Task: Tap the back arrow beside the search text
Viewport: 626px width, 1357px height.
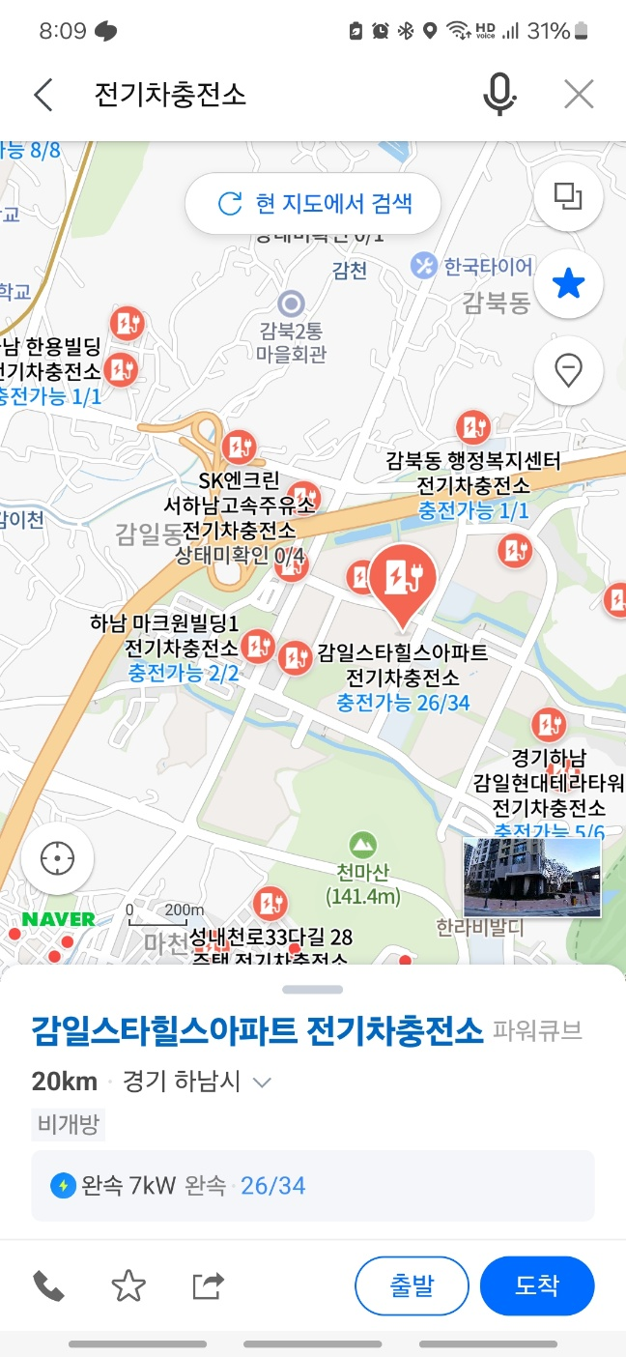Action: pos(43,95)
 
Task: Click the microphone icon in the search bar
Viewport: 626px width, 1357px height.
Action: pos(498,95)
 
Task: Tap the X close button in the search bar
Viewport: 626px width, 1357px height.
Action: pos(579,95)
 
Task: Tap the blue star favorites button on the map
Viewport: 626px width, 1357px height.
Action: pos(568,284)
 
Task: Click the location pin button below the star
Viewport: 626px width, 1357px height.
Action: pos(568,369)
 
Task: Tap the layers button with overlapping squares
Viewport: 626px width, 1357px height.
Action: pos(568,197)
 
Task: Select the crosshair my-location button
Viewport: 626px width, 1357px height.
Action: pos(57,858)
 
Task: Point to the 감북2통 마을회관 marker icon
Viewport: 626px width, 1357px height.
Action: pos(291,303)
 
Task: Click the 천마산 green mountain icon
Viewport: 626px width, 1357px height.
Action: pos(363,845)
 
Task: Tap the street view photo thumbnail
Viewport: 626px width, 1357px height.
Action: pos(532,877)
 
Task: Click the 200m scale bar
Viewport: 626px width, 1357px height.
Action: pos(165,911)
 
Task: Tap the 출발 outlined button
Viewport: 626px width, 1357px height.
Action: pos(412,1285)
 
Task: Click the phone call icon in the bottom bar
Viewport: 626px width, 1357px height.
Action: pos(48,1285)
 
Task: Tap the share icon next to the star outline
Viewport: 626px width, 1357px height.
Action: pos(208,1285)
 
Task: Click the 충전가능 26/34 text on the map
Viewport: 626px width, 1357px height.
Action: pos(404,703)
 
